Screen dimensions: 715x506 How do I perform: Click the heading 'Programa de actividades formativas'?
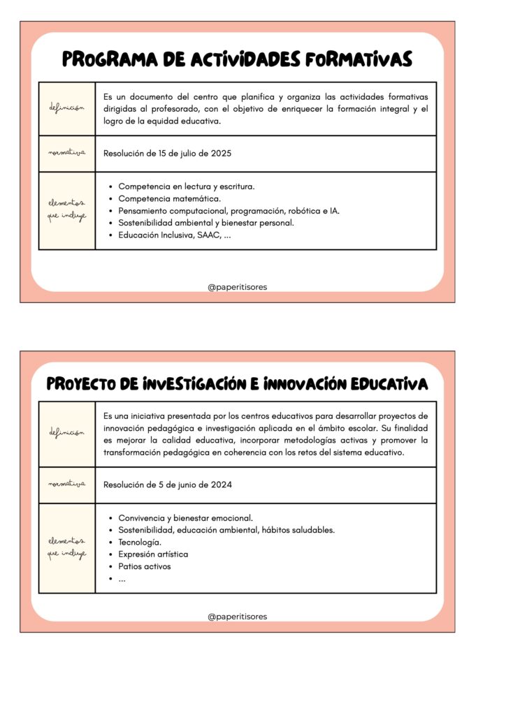click(237, 59)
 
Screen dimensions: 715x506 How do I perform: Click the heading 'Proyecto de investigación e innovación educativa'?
click(237, 385)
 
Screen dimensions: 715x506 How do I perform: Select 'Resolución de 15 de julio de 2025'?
click(167, 154)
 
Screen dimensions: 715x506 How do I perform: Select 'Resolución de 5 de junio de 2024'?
click(168, 485)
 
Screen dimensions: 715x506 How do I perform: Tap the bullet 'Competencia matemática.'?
click(170, 199)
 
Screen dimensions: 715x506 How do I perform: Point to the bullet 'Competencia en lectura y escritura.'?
click(187, 186)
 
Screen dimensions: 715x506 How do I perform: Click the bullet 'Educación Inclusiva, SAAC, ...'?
click(175, 235)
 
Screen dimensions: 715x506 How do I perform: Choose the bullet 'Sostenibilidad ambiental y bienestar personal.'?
click(206, 223)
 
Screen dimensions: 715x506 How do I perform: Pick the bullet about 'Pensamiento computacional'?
click(229, 211)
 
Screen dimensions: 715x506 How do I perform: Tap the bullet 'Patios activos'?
click(145, 566)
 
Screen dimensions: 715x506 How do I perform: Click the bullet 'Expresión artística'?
click(153, 554)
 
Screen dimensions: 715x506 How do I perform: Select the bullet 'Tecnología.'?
click(140, 542)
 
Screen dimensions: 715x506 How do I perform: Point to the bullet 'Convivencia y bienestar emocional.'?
click(186, 518)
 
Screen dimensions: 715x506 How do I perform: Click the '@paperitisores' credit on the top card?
click(237, 287)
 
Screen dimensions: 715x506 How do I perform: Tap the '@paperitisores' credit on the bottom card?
click(237, 617)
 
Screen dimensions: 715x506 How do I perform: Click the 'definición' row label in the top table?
click(67, 108)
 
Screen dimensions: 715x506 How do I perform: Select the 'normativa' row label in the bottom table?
click(67, 484)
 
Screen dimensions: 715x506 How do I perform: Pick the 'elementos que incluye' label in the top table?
click(67, 210)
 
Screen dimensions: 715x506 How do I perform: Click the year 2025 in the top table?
click(221, 154)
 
